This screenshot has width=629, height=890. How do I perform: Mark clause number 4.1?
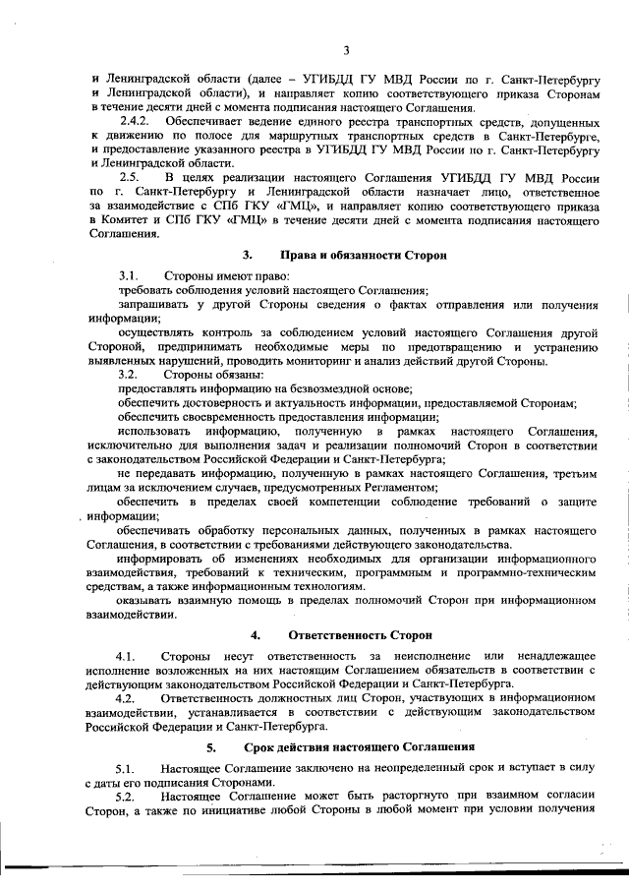click(x=125, y=655)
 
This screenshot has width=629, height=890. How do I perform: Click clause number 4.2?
click(x=125, y=697)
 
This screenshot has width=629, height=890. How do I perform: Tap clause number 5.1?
click(x=125, y=767)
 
